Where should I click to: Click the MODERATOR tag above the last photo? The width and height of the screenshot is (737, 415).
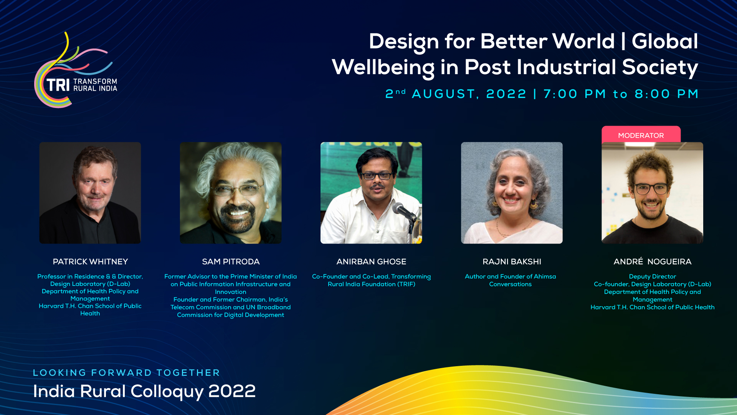coord(641,135)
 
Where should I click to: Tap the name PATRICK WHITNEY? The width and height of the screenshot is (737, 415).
coord(90,262)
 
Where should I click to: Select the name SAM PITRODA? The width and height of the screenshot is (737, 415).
coord(231,262)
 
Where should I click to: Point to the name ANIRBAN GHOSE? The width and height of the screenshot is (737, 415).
coord(371,262)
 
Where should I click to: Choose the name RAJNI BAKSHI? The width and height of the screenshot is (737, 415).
coord(512,262)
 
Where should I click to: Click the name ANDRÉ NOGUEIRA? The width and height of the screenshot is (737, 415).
coord(652,261)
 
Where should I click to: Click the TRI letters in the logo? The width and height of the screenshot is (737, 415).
coord(58,85)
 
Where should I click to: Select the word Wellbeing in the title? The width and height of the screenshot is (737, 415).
coord(383,68)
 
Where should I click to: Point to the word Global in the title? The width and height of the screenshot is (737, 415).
coord(665,41)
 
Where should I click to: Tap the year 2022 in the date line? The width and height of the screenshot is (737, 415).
coord(506,94)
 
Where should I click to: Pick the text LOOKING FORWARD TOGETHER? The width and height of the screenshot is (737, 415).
coord(126,373)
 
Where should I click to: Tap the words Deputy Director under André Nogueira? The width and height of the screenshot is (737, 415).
coord(652,276)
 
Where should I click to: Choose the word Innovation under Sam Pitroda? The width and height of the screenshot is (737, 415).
coord(231,292)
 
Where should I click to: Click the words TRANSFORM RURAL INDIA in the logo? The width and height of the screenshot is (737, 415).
coord(95,85)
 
